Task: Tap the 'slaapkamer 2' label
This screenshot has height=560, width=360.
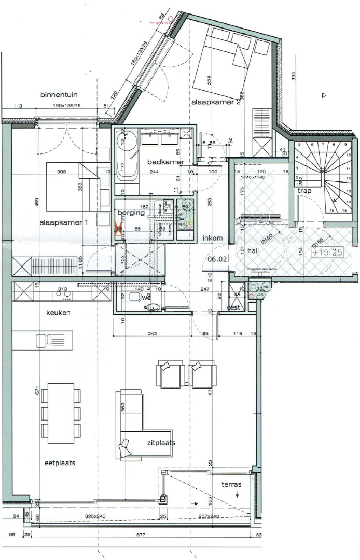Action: click(216, 103)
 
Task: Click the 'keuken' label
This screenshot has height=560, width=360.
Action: click(58, 313)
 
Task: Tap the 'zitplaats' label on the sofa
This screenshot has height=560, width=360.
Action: click(160, 443)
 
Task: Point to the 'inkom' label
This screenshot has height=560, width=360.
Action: click(213, 238)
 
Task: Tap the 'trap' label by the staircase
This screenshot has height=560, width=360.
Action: click(304, 191)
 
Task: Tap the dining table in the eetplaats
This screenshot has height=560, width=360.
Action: click(61, 413)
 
